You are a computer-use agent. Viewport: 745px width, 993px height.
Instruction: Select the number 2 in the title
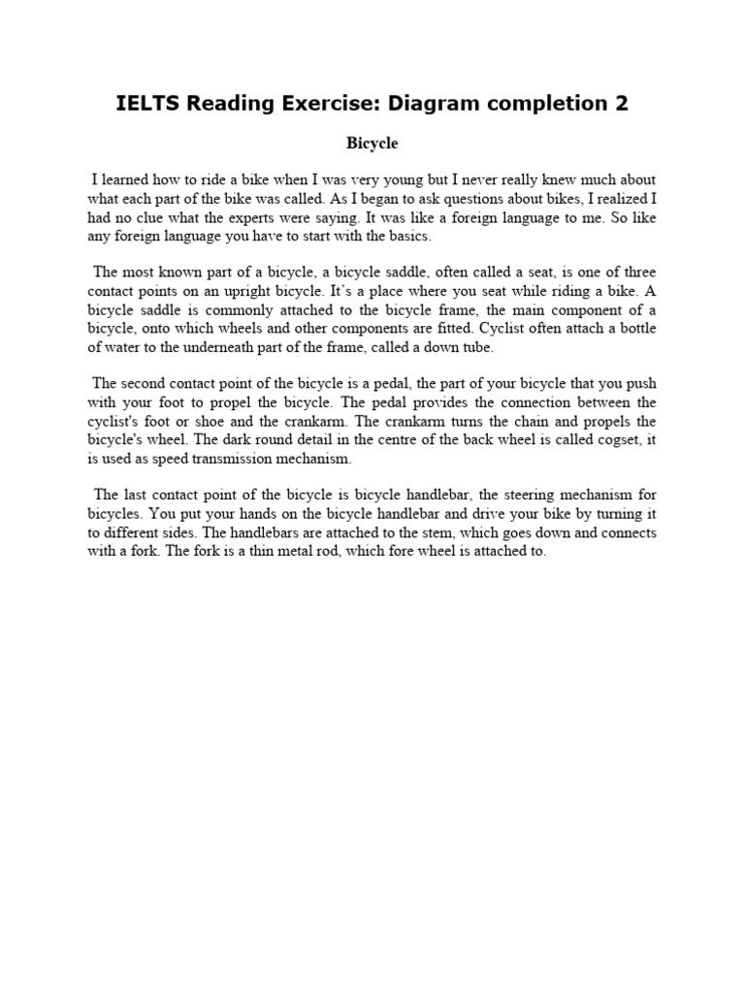622,103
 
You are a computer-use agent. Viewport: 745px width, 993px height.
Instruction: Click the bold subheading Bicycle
372,144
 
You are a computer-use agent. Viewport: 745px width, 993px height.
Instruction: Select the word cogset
606,440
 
